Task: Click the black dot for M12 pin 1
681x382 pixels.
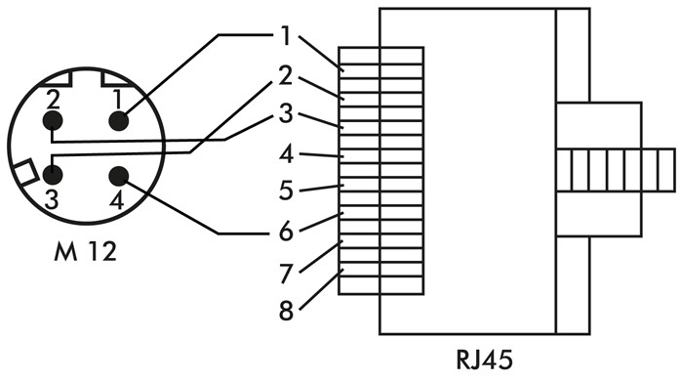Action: [x=119, y=121]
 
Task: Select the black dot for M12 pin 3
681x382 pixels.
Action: [x=53, y=175]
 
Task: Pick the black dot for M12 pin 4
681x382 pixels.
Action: [x=119, y=176]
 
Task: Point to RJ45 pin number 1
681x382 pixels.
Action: [x=285, y=37]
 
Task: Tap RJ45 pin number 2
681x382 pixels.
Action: [x=285, y=74]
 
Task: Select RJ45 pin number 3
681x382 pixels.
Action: [x=285, y=113]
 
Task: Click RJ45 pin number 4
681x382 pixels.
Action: [x=285, y=154]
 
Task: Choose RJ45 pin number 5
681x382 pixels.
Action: [x=285, y=191]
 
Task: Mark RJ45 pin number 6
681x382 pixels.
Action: [x=285, y=232]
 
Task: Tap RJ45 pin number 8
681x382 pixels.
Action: [x=285, y=312]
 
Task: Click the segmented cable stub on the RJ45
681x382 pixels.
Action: [x=615, y=170]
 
